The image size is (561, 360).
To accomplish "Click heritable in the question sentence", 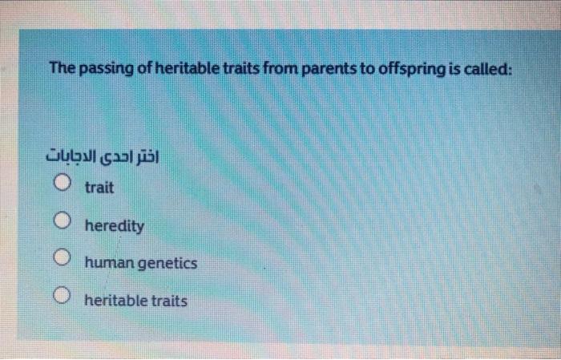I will (x=185, y=69).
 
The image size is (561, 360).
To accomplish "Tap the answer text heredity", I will (x=115, y=226).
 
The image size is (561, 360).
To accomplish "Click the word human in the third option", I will (x=107, y=263).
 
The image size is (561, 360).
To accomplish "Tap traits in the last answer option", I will (x=169, y=301).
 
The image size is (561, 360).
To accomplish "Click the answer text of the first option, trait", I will (x=99, y=188).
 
